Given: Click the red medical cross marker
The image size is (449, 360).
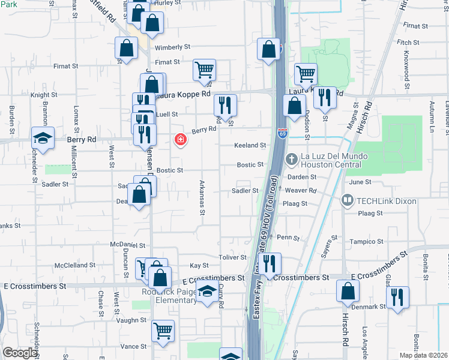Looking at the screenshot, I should (179, 140).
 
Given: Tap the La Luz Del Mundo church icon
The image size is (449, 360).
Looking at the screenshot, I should (292, 159).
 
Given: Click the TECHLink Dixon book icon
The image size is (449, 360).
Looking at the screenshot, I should (347, 200).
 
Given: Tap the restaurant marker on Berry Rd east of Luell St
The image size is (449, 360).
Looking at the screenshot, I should (225, 105).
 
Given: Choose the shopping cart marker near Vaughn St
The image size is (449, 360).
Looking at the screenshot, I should (163, 331).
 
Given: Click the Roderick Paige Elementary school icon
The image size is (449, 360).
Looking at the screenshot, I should (208, 293).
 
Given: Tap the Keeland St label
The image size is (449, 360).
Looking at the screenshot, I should (250, 145).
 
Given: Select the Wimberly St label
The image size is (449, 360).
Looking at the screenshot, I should (172, 47).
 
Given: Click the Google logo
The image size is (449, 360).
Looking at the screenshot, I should (20, 353).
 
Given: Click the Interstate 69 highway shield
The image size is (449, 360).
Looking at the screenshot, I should (282, 133).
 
